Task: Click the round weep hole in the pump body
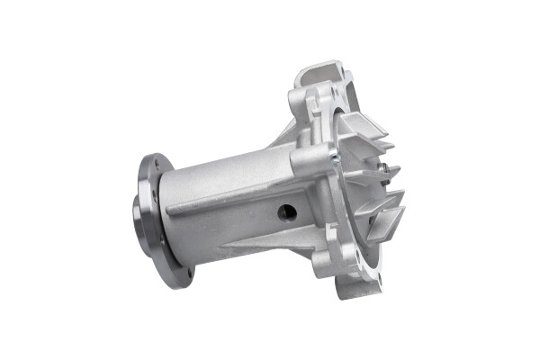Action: tap(287, 212)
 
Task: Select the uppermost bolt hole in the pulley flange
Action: tap(155, 166)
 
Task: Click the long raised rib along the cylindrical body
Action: tap(225, 200)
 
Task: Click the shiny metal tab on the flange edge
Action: tap(335, 163)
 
